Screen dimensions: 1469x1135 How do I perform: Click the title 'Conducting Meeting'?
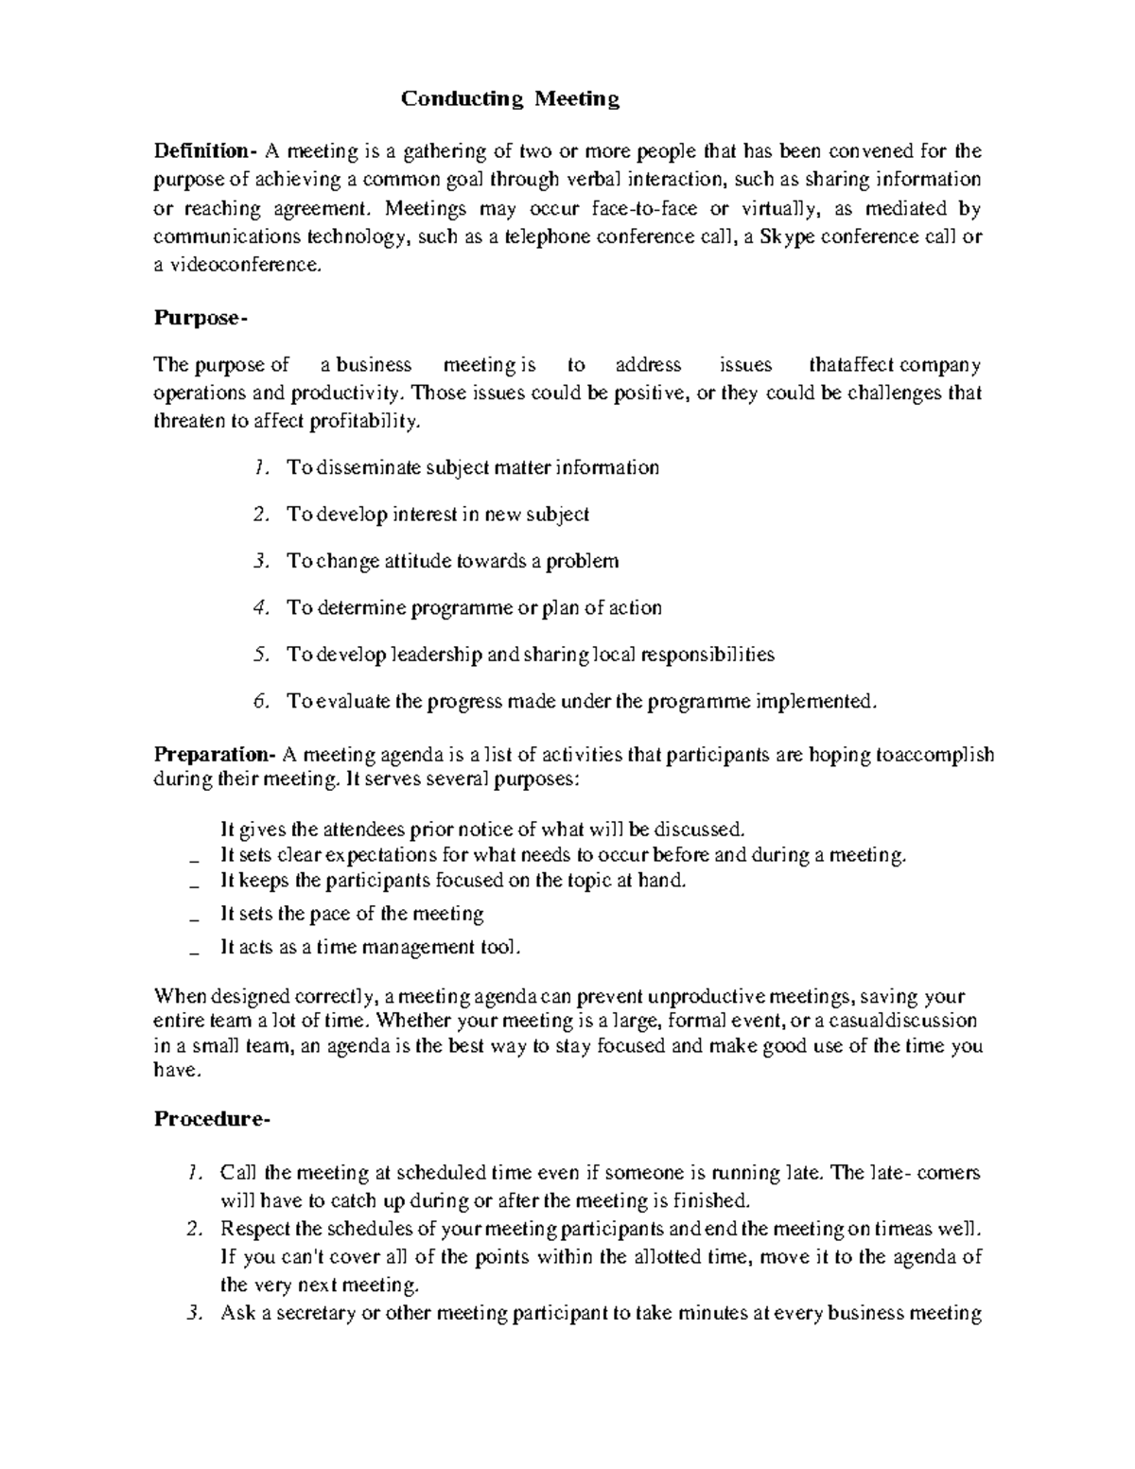pos(510,99)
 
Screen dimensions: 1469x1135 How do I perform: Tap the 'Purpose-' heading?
pos(200,319)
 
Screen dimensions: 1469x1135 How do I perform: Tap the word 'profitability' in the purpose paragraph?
pos(362,422)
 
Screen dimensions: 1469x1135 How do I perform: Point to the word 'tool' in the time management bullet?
pos(500,947)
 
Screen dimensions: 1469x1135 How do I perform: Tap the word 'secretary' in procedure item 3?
pos(312,1313)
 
